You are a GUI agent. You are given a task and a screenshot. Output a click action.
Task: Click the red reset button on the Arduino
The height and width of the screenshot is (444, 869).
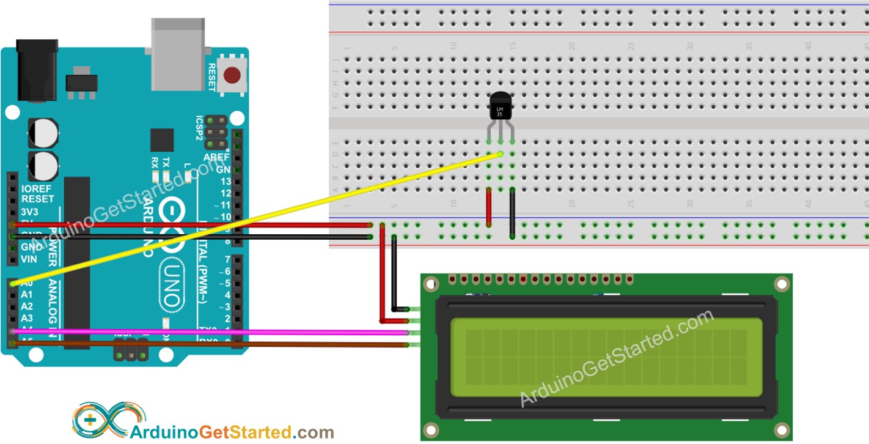[232, 75]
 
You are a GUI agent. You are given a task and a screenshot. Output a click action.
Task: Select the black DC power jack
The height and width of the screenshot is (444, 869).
[36, 70]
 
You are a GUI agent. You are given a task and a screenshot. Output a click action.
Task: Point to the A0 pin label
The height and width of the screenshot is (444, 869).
[26, 283]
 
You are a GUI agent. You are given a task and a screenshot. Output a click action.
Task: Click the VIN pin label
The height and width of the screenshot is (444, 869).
[29, 259]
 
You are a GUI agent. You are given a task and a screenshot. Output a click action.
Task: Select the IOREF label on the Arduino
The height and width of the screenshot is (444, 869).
[37, 189]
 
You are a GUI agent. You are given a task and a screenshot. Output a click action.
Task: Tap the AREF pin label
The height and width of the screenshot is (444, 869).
[216, 157]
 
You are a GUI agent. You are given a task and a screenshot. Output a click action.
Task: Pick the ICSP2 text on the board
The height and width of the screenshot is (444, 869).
[199, 128]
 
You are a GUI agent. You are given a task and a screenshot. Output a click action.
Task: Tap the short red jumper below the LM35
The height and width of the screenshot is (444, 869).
[488, 207]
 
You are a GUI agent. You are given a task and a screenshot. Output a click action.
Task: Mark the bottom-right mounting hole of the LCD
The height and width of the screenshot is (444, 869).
[781, 429]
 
